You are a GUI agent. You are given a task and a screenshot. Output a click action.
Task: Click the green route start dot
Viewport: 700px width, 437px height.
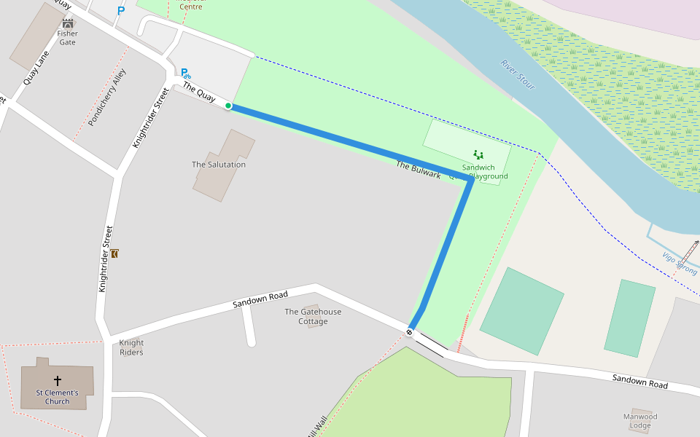pos(228,106)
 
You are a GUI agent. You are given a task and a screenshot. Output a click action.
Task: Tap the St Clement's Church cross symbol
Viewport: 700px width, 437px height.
pos(58,380)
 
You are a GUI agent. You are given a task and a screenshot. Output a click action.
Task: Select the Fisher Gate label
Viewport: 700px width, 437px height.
pos(67,38)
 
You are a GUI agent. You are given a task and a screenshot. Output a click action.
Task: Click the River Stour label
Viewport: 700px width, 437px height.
pos(518,74)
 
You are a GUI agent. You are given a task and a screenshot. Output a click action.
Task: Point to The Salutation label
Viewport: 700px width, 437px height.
pos(219,165)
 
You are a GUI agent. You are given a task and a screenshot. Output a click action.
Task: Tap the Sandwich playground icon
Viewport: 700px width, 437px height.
pos(478,154)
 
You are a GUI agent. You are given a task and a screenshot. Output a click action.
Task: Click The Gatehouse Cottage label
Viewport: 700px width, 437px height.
pos(313,317)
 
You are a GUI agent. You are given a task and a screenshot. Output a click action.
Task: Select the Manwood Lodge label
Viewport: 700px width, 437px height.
pos(640,421)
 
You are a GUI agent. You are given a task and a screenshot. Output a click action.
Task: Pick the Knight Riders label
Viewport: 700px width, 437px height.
pos(131,347)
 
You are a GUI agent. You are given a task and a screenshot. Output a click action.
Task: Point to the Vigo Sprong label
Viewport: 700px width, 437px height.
pos(680,264)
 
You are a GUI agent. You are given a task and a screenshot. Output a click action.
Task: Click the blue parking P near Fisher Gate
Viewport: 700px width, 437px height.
pos(121,11)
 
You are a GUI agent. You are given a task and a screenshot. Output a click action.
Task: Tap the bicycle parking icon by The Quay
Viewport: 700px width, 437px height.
pos(186,73)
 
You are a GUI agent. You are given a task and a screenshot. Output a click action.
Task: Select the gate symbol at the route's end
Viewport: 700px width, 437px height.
pos(409,332)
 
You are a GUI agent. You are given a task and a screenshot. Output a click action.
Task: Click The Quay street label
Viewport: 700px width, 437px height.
pos(198,92)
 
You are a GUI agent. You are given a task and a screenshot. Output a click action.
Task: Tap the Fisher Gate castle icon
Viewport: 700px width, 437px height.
pos(68,24)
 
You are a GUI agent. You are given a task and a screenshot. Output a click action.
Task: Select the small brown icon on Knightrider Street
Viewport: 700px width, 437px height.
pos(114,253)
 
